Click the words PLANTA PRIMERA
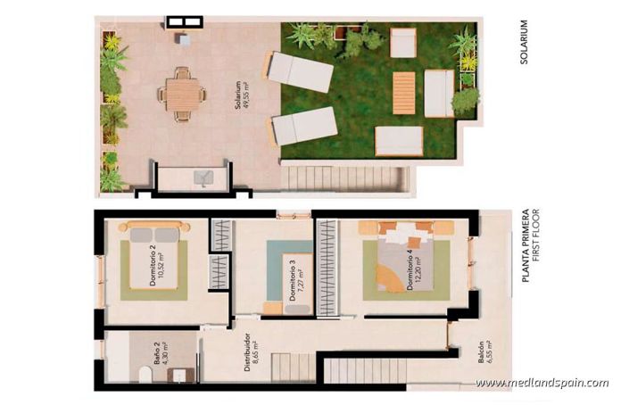[525, 245]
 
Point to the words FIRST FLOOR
[536, 245]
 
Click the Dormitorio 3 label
[292, 281]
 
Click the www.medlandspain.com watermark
[542, 384]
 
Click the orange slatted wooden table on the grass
[403, 93]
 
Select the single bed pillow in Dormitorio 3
[273, 309]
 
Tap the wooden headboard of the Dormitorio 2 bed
[154, 227]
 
